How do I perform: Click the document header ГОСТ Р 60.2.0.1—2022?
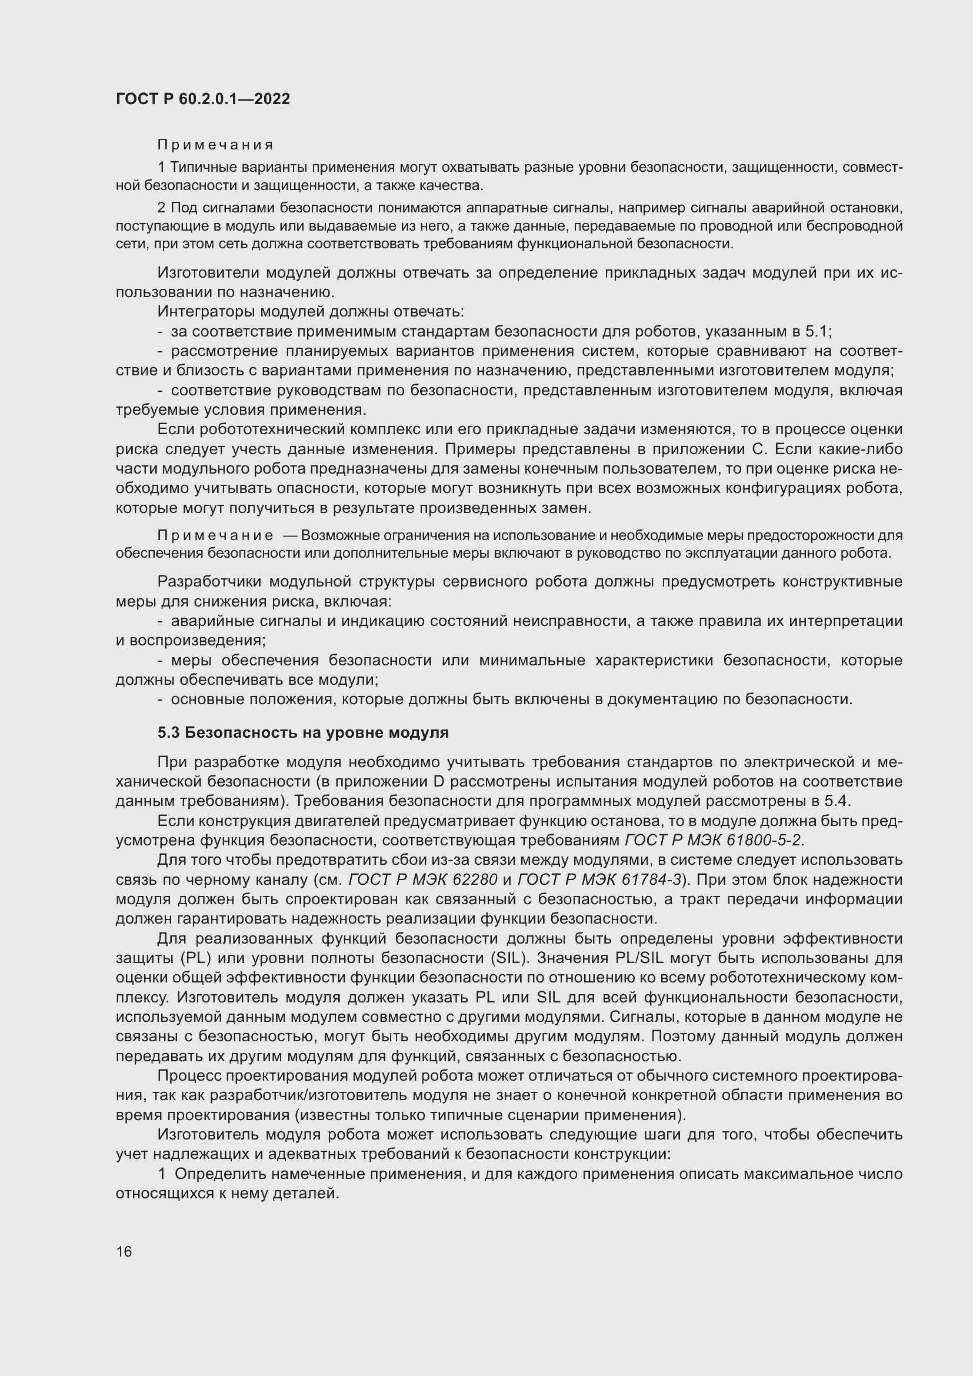[x=202, y=99]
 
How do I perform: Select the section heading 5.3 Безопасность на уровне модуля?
[x=302, y=732]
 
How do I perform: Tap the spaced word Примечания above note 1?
[x=215, y=145]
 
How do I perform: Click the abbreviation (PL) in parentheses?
[x=199, y=958]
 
